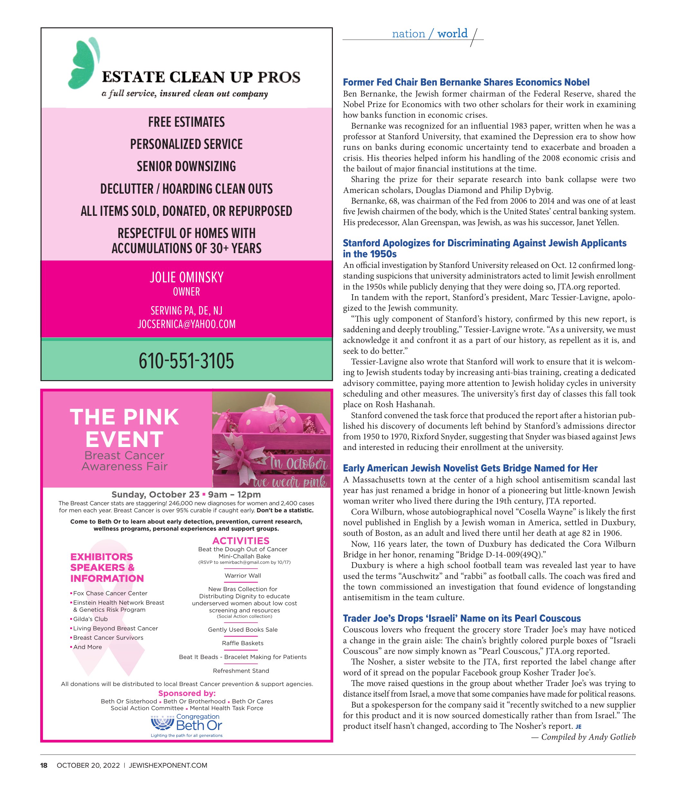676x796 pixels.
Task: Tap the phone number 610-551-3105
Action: tap(186, 361)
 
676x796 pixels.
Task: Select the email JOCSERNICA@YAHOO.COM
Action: tap(186, 324)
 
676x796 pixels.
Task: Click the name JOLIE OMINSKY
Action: tap(186, 277)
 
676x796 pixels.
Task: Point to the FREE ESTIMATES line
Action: tap(186, 122)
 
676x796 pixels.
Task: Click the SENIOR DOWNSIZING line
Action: tap(186, 167)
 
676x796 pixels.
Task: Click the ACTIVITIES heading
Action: tap(241, 541)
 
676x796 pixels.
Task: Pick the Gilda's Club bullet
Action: tap(90, 619)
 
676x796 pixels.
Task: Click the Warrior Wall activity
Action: tap(243, 575)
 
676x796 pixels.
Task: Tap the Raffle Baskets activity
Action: tap(243, 643)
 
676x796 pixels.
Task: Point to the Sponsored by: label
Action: tap(187, 693)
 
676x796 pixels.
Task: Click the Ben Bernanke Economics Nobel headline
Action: tap(466, 82)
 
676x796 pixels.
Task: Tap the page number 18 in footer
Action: tap(44, 765)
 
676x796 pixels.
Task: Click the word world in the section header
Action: tap(452, 34)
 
